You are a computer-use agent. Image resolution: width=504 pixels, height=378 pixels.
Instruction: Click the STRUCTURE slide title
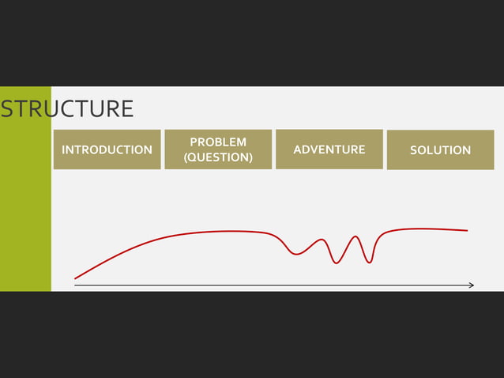(67, 109)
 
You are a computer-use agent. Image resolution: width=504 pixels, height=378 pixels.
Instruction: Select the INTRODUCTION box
(107, 149)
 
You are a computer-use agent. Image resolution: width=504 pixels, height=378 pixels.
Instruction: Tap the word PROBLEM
(218, 142)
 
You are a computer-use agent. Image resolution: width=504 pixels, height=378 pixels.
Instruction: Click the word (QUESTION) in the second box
(218, 157)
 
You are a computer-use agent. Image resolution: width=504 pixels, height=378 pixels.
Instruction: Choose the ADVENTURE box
(329, 149)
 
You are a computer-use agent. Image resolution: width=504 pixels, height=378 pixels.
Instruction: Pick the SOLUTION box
(440, 149)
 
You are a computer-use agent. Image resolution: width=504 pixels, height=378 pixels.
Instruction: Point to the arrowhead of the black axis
(472, 285)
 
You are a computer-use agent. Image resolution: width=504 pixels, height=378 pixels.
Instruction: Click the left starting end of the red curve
(76, 278)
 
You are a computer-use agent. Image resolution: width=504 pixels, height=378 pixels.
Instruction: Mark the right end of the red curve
(467, 231)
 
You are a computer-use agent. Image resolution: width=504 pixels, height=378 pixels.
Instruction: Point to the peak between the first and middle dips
(322, 239)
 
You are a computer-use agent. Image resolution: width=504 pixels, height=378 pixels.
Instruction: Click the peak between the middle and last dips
(356, 236)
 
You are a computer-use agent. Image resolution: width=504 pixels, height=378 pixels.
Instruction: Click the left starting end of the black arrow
(76, 285)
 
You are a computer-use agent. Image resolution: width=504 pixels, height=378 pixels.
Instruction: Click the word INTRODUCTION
(107, 149)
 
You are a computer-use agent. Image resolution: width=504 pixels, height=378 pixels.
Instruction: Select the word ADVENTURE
(329, 149)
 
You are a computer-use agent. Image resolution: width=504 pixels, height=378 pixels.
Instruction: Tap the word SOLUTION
(440, 150)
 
